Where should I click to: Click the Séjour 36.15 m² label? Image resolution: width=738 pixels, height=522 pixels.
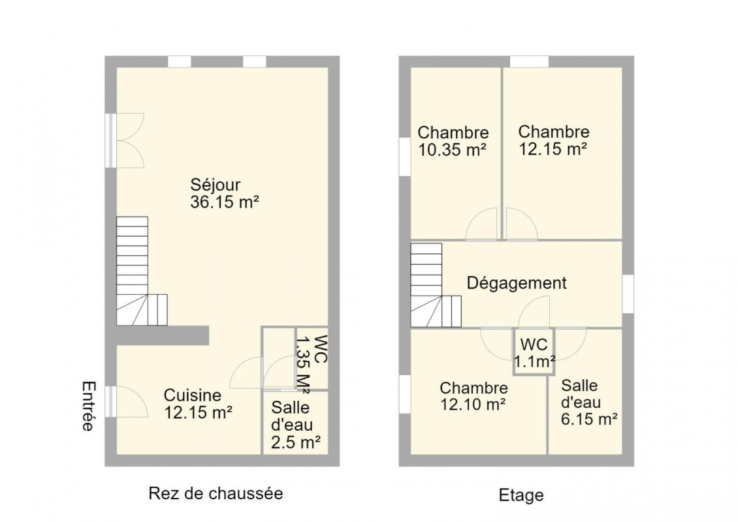(x=225, y=193)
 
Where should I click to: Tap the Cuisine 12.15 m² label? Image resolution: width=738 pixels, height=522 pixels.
(x=198, y=403)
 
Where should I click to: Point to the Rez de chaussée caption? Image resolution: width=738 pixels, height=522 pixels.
(x=216, y=493)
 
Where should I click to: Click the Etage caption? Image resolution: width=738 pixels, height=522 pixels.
(x=521, y=495)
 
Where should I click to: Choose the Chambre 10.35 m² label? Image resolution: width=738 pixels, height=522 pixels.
(x=453, y=140)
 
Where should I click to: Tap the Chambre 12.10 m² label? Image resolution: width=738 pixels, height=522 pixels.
(x=473, y=396)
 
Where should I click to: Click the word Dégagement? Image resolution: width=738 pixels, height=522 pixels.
(x=517, y=283)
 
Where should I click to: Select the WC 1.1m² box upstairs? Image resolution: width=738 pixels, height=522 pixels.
(x=534, y=352)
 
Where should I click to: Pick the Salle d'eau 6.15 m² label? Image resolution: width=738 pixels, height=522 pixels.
(x=589, y=403)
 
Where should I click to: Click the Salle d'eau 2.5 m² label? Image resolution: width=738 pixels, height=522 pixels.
(x=296, y=424)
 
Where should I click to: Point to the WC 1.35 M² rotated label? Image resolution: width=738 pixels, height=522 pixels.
(x=311, y=363)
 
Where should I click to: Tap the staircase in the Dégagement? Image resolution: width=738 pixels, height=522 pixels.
(x=436, y=285)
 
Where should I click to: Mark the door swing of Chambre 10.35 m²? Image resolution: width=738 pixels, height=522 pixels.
(x=481, y=224)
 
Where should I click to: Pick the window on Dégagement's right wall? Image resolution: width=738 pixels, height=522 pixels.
(x=628, y=294)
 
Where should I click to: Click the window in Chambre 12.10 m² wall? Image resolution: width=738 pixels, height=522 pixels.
(x=405, y=394)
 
